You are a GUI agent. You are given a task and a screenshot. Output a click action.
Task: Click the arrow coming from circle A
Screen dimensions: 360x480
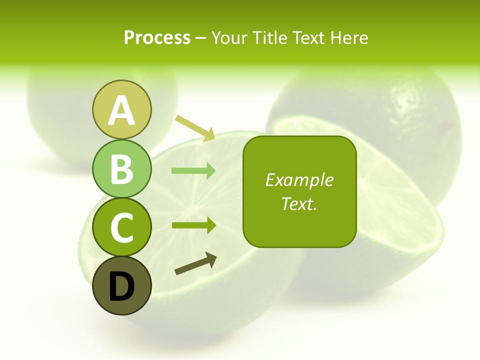[195, 128]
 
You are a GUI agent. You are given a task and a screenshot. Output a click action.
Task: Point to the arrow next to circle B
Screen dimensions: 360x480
[193, 171]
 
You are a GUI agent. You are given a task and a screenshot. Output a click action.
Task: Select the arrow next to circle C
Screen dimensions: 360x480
[193, 225]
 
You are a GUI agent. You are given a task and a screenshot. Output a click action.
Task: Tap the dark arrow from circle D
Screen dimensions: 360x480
[195, 263]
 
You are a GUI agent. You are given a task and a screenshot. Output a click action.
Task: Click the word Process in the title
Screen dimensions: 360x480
[157, 37]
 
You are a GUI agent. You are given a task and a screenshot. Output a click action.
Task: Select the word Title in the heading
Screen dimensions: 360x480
[268, 37]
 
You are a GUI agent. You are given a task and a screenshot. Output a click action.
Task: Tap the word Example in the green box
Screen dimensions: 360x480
[299, 180]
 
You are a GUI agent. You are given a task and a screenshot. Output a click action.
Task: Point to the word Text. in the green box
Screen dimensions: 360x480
[299, 204]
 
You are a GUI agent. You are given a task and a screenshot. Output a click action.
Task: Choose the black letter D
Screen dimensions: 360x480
[121, 286]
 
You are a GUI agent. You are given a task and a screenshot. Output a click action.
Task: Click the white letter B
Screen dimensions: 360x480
[121, 169]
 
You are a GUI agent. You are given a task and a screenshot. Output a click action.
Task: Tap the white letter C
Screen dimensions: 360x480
[121, 228]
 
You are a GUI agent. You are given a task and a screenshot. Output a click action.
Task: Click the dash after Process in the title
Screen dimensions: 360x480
[201, 38]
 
